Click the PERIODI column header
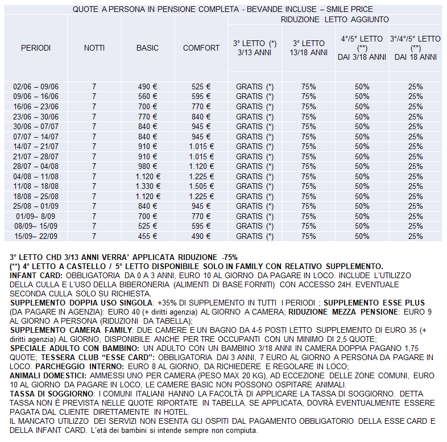tap(36, 48)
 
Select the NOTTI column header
tap(94, 48)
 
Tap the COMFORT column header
tap(201, 48)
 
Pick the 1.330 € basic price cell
tap(147, 186)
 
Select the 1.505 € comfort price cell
tap(201, 186)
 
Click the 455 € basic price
tap(147, 236)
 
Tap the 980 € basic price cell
tap(147, 166)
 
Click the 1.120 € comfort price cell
tap(201, 166)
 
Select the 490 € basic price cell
tap(147, 86)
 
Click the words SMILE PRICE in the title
tap(349, 10)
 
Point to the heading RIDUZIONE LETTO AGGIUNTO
tap(335, 19)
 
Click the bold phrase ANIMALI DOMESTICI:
tap(47, 376)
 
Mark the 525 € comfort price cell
tap(201, 86)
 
